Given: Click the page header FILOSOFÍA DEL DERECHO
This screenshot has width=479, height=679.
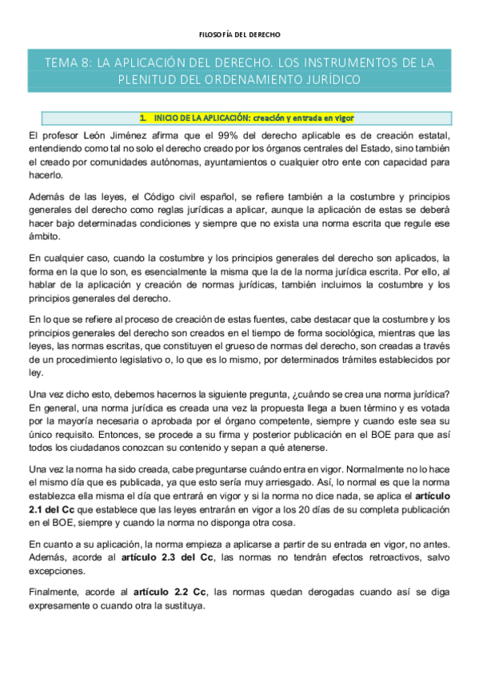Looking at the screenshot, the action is [x=239, y=34].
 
